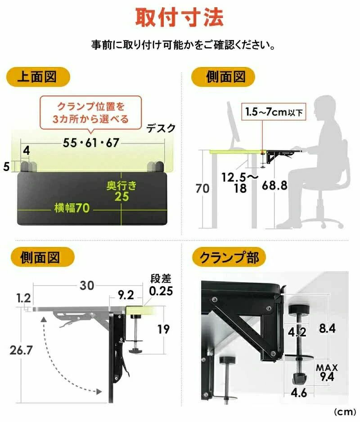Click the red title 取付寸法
[180, 17]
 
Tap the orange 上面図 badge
[38, 76]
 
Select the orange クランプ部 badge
[229, 257]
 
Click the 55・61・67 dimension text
[91, 143]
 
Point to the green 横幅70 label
[72, 208]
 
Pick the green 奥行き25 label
[121, 191]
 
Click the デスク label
[161, 128]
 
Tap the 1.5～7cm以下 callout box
[274, 112]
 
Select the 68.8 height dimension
[274, 185]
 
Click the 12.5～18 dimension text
[239, 183]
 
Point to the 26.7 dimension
[21, 350]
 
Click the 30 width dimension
[87, 286]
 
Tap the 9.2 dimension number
[126, 295]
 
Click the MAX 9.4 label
[327, 373]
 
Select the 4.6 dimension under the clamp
[299, 393]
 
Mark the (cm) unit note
[345, 412]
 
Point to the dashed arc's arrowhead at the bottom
[99, 391]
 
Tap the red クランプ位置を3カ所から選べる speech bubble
[91, 113]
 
